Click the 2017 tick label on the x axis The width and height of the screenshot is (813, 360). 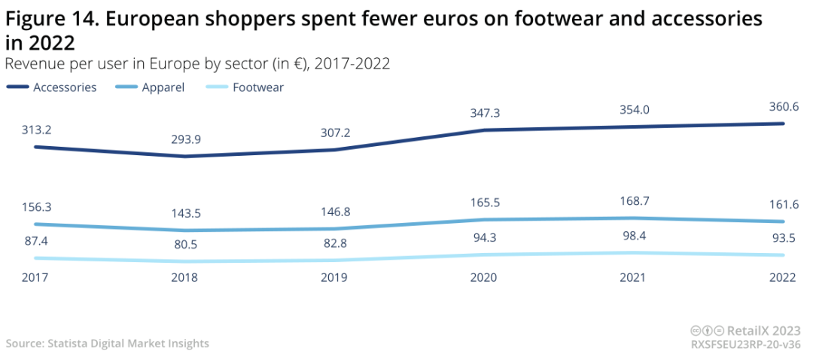(35, 277)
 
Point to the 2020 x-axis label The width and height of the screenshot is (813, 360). (483, 277)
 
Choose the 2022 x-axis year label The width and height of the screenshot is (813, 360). (783, 277)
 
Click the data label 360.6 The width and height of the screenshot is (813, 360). (784, 106)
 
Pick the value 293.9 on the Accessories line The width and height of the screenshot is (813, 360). (184, 139)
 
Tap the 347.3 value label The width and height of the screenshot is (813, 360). (483, 113)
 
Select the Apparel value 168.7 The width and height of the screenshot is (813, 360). (633, 201)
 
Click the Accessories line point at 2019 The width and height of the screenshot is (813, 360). (334, 150)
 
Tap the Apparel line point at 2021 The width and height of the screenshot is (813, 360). (633, 218)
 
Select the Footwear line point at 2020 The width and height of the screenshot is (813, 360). (483, 255)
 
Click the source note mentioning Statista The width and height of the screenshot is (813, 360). (108, 343)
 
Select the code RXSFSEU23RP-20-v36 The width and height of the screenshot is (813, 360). (745, 343)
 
